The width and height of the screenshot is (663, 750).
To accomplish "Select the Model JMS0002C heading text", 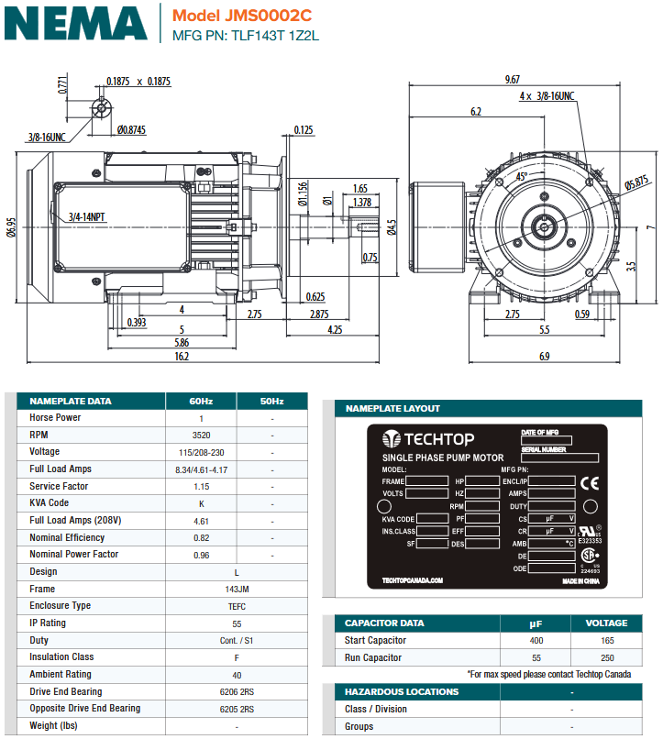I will (x=241, y=16).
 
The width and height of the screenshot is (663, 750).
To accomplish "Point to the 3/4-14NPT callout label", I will (x=87, y=217).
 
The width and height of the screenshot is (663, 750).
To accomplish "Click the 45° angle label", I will (x=522, y=175).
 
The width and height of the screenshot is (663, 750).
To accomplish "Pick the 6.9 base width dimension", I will (x=544, y=356).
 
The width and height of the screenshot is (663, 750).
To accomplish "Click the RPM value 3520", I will (x=201, y=436).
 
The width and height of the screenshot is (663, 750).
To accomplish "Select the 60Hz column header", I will (x=201, y=402).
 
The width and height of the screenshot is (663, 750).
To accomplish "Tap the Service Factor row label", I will (x=59, y=487).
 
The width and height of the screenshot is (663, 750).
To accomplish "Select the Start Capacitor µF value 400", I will (x=536, y=641).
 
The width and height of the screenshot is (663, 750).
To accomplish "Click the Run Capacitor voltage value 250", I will (x=606, y=657).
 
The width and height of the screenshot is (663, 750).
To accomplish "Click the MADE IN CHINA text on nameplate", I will (x=580, y=581).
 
